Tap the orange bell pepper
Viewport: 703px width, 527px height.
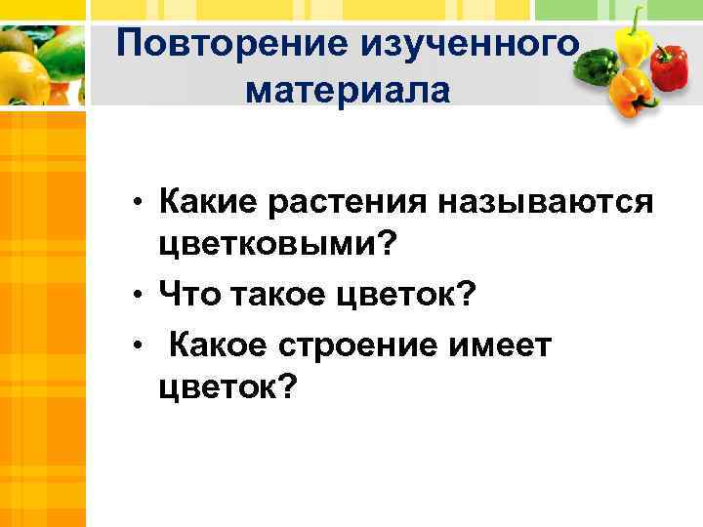pos(632,92)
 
